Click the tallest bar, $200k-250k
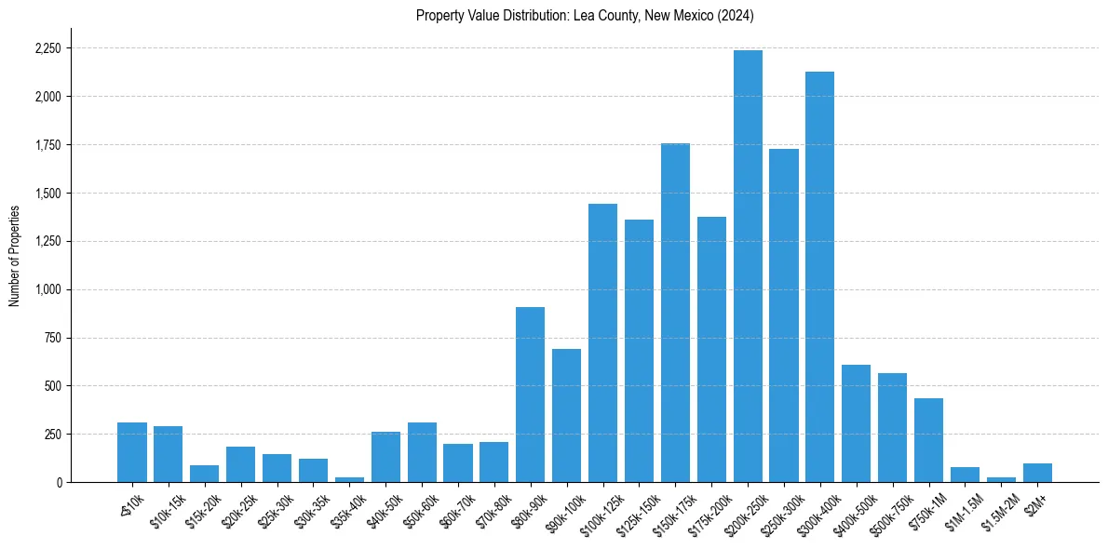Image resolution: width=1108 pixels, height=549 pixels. point(748,266)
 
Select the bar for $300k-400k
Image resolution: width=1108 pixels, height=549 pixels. point(819,277)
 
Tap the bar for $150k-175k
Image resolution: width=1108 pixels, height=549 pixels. point(675,313)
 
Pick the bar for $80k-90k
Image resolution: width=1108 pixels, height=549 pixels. point(530,395)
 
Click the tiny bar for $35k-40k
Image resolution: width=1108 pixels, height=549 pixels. point(349,479)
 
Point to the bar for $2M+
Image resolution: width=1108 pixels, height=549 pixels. point(1037,473)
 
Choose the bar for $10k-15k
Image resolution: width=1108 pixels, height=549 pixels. point(168,454)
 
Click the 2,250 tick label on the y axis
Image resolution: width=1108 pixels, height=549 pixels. point(47,48)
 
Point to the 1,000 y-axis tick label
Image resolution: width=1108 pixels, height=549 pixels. point(47,289)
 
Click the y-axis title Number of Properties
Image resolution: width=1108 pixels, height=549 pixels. point(14,256)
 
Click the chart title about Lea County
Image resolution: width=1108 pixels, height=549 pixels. point(585,16)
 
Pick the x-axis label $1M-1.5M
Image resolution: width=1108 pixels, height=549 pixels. point(957,509)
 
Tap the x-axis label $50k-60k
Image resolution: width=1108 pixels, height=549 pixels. point(415,508)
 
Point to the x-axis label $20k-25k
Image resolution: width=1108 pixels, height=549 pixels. point(234,508)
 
